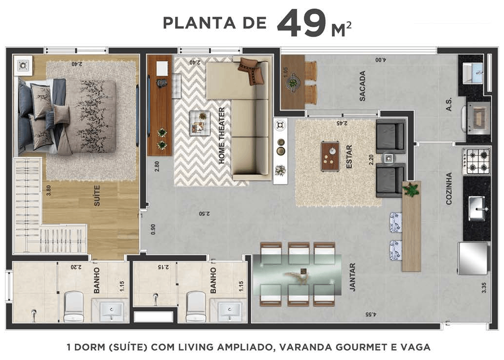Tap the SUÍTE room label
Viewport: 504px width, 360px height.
[x=97, y=194]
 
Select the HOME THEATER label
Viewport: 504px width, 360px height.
[x=222, y=135]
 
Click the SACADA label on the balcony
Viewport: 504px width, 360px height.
[x=363, y=86]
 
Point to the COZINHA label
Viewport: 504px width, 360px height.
[x=449, y=188]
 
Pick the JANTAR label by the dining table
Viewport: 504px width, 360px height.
[x=352, y=277]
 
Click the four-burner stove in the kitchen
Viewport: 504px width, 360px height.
[x=477, y=162]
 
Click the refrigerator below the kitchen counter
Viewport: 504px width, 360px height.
[x=473, y=258]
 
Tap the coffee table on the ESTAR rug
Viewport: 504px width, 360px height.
[x=330, y=156]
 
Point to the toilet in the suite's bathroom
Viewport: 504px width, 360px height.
[x=74, y=306]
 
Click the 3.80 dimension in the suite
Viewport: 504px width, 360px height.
[x=48, y=190]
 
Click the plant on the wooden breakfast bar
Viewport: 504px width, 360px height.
[x=412, y=189]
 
